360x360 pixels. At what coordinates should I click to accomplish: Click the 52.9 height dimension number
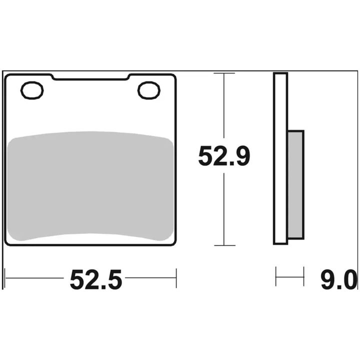click(x=224, y=156)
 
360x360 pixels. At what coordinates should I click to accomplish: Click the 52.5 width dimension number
click(x=95, y=280)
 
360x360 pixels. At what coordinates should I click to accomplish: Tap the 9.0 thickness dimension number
click(x=339, y=280)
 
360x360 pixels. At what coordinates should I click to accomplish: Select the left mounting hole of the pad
click(x=32, y=90)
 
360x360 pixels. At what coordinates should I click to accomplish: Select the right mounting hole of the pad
click(x=149, y=90)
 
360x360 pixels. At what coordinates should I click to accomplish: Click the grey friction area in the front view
click(x=90, y=186)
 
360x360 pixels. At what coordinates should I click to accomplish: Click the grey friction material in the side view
click(x=296, y=185)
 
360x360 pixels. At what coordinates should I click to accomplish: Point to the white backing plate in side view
click(x=280, y=158)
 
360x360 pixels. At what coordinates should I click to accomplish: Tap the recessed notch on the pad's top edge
click(x=90, y=77)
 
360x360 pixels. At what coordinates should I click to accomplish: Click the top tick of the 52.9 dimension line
click(x=224, y=73)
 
